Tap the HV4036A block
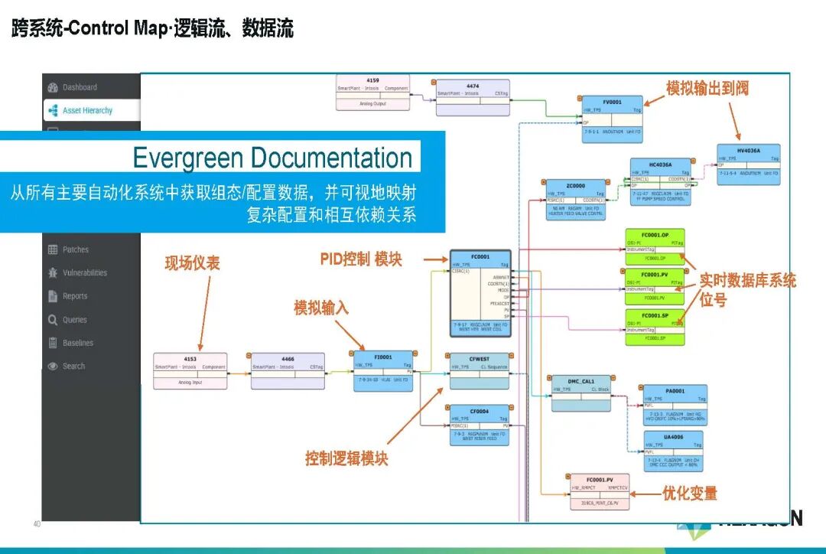[748, 164]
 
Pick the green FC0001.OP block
[655, 246]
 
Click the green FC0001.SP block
[655, 327]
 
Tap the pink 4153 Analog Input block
[190, 370]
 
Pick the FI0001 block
[383, 370]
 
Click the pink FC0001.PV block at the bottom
[599, 491]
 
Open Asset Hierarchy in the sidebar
[87, 110]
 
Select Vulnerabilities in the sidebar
[85, 273]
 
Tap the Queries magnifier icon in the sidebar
[53, 320]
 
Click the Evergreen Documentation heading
[272, 158]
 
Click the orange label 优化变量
[690, 494]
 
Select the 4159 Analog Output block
[372, 92]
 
